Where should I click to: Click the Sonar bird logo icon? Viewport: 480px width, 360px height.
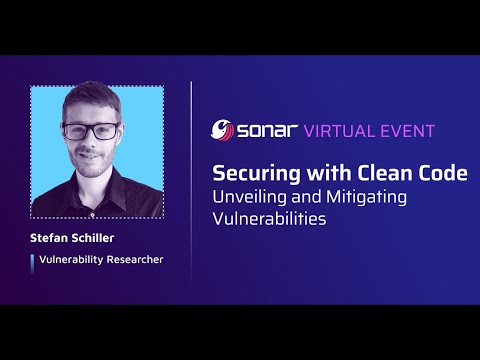(x=222, y=130)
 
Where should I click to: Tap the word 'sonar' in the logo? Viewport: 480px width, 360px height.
(x=265, y=130)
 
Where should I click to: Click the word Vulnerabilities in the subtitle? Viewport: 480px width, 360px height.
(x=269, y=219)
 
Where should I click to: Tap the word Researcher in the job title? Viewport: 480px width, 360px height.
(x=132, y=260)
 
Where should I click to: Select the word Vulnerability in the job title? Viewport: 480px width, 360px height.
(x=68, y=260)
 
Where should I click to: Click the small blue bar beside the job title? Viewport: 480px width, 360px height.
(x=32, y=260)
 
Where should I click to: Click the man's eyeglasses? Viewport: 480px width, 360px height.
(x=91, y=131)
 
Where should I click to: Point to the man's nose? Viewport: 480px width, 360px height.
(x=91, y=141)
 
